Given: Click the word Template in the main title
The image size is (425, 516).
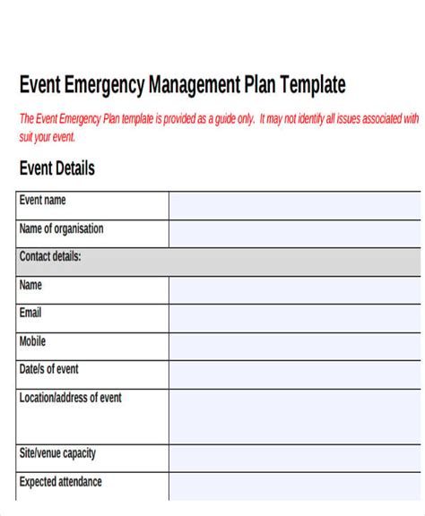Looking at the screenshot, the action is click(313, 85).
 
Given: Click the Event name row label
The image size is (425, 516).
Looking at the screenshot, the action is click(42, 201).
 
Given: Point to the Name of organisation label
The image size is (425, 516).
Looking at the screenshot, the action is click(61, 228).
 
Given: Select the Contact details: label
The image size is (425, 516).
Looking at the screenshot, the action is click(50, 256).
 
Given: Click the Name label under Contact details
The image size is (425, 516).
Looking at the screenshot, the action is click(30, 285).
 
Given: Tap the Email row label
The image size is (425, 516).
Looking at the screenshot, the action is click(30, 313).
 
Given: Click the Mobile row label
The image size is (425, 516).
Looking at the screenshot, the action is click(32, 341).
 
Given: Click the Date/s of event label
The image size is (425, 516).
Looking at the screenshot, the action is click(48, 369).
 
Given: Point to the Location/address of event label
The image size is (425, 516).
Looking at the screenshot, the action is click(70, 397).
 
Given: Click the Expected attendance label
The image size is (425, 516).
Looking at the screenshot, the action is click(60, 482).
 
